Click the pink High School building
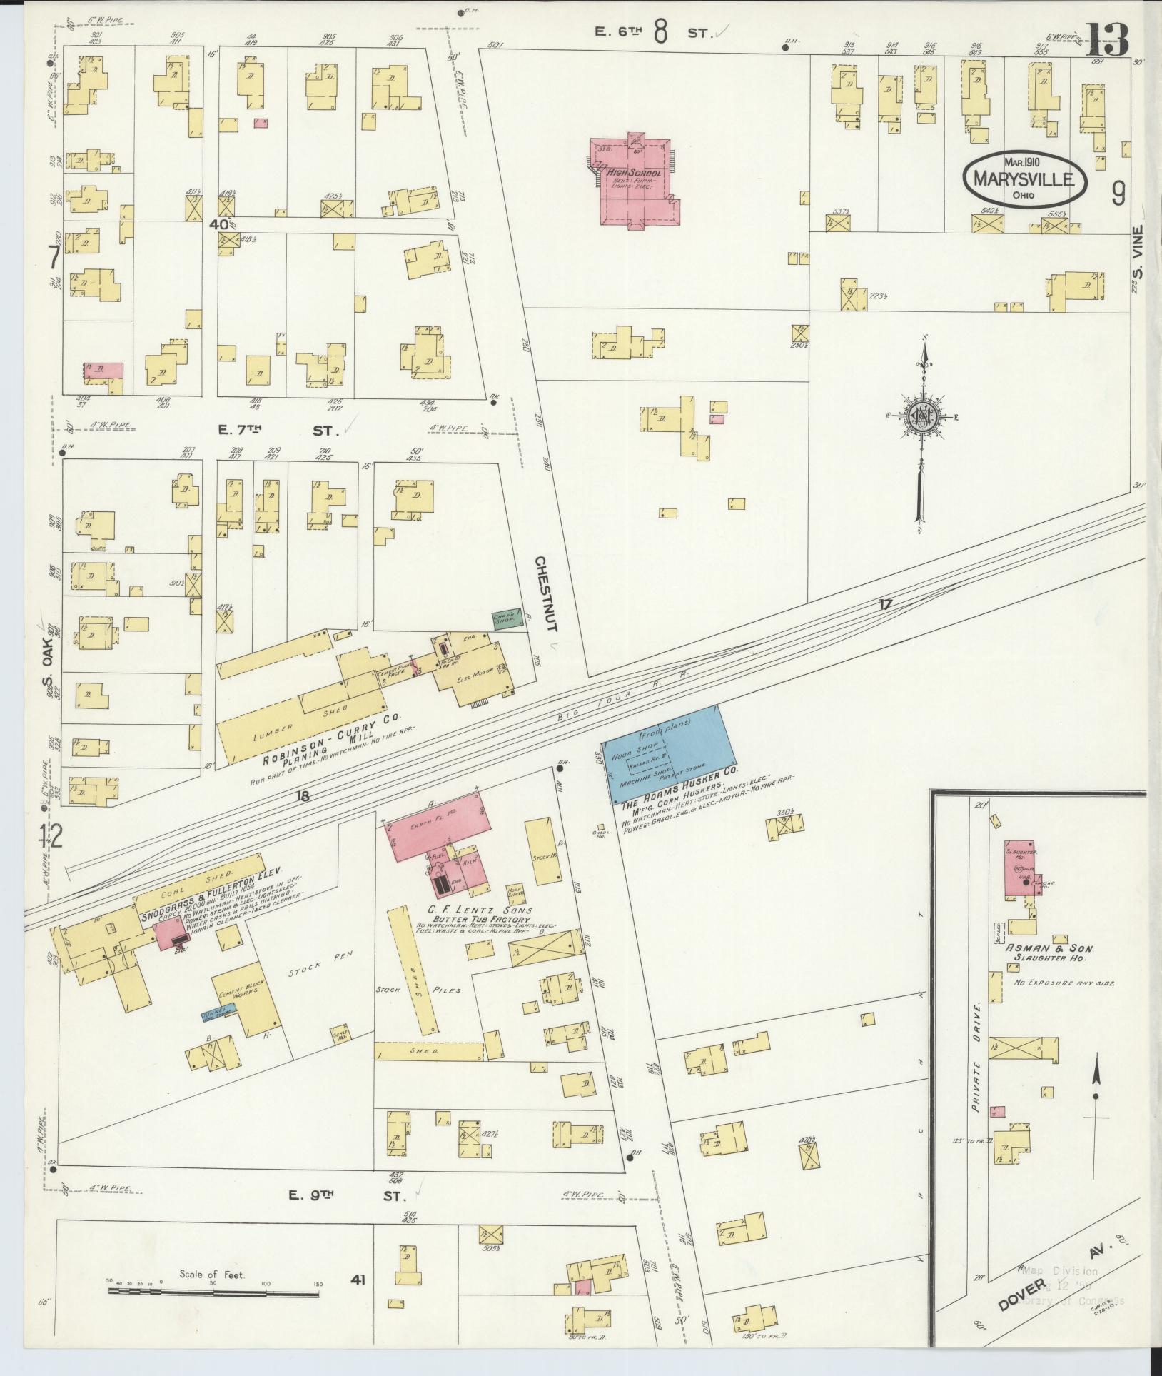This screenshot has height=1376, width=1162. pos(632,181)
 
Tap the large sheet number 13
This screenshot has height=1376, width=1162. pos(1107,41)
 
